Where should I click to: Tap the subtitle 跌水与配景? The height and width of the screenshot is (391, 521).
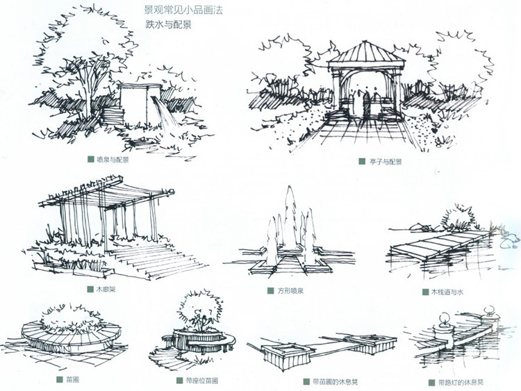point(168,24)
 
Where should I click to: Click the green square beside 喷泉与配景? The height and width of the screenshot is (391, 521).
point(90,159)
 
